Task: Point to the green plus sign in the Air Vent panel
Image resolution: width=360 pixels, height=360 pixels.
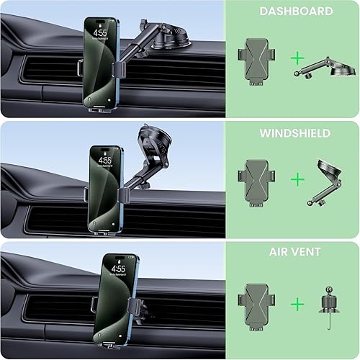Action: point(297,304)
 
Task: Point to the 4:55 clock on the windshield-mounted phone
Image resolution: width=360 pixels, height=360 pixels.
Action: point(105,160)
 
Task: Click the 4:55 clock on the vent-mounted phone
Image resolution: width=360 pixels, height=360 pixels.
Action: point(118,269)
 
